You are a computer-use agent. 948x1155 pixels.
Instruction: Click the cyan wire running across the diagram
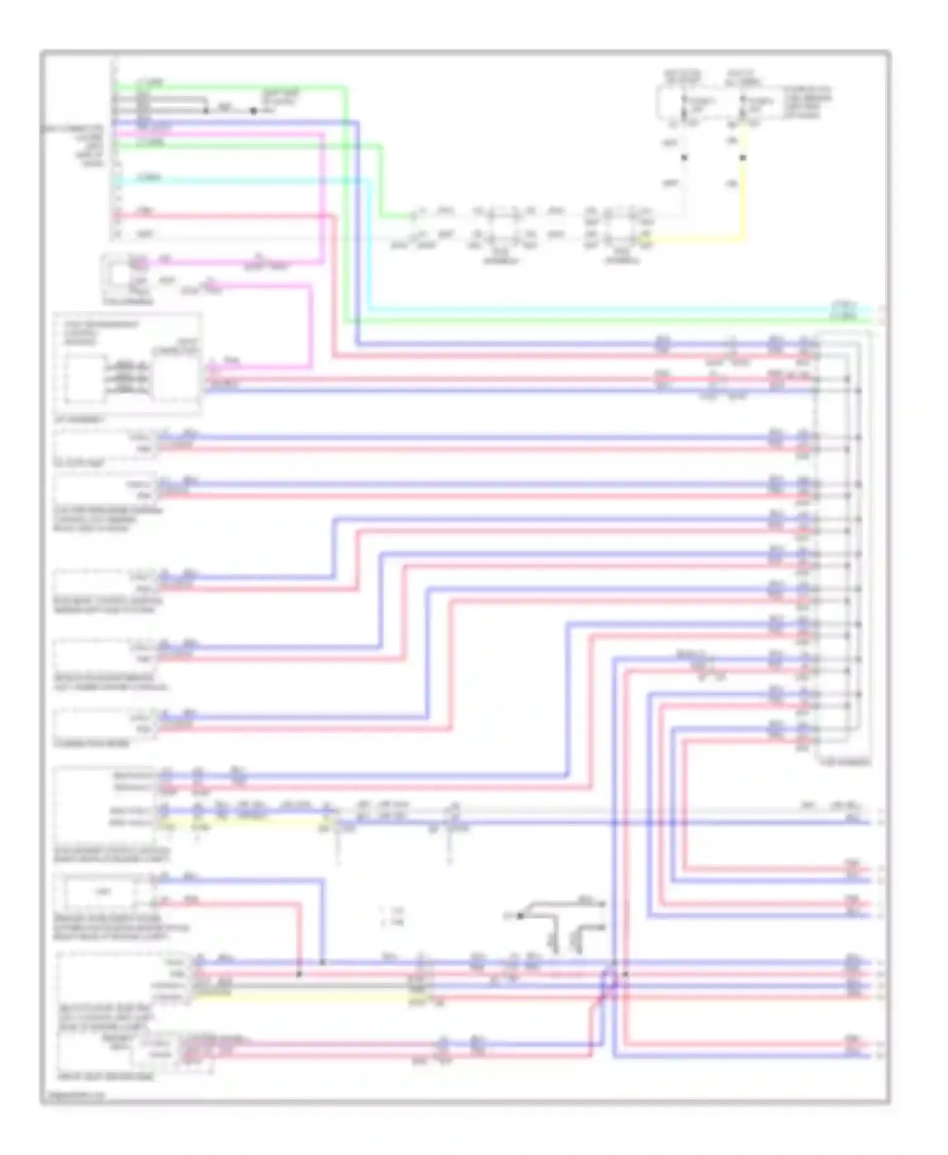pyautogui.click(x=569, y=310)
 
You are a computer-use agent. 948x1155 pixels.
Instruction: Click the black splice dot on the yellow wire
pyautogui.click(x=743, y=157)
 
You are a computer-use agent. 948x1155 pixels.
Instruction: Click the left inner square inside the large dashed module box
pyautogui.click(x=87, y=377)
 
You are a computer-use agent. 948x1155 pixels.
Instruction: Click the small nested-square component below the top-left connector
pyautogui.click(x=120, y=275)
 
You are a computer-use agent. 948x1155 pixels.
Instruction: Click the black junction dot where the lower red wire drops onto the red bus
pyautogui.click(x=299, y=974)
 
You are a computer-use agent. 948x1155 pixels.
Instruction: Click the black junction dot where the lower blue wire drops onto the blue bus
pyautogui.click(x=322, y=962)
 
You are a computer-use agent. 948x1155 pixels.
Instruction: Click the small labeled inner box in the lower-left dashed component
pyautogui.click(x=103, y=892)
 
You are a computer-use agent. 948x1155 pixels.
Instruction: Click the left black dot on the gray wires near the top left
pyautogui.click(x=206, y=111)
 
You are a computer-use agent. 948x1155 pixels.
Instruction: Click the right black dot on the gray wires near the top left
pyautogui.click(x=253, y=111)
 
